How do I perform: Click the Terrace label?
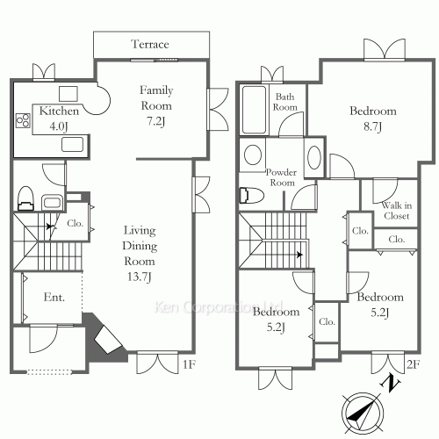point(150,44)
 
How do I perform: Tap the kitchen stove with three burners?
point(23,120)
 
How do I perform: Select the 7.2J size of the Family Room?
point(155,121)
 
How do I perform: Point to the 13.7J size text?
point(140,277)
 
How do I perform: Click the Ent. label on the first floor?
point(54,298)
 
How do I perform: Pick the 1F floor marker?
point(189,364)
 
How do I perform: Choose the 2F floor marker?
point(414,364)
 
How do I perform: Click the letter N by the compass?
point(390,384)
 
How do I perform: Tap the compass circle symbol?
point(363,414)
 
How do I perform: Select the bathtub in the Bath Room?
point(254,110)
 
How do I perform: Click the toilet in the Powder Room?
point(251,195)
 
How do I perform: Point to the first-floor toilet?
point(26,198)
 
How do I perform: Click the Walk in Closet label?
point(397,211)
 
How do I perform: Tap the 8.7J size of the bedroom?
point(372,127)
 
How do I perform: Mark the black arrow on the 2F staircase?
point(299,255)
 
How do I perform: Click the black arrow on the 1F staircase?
point(50,227)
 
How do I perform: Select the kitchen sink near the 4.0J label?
point(73,145)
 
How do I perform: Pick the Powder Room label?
point(281,177)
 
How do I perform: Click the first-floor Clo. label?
point(76,224)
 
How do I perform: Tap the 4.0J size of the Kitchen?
point(59,126)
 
